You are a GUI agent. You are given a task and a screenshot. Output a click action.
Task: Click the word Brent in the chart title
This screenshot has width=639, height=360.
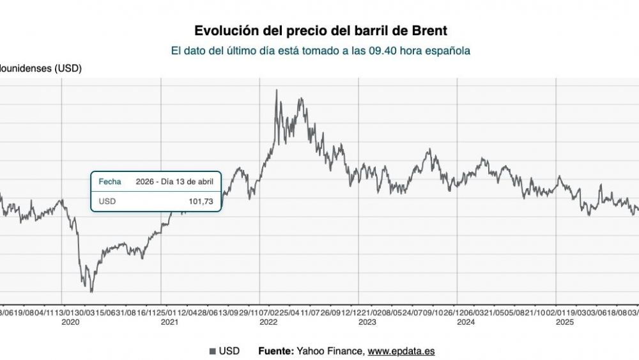pos(428,31)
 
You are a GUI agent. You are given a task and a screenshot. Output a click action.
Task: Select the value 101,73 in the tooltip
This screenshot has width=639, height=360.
pos(199,201)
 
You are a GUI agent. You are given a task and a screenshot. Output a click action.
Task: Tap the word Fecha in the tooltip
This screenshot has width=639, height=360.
pos(109,182)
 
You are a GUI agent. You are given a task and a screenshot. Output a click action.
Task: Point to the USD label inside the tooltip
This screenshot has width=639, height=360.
pos(107,201)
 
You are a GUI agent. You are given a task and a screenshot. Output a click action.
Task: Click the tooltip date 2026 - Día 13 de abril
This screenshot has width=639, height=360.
pos(174,182)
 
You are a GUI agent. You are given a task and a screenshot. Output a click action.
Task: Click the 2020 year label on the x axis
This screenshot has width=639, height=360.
pos(70,323)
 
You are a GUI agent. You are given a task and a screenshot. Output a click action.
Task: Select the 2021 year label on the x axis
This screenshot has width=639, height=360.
pos(169,323)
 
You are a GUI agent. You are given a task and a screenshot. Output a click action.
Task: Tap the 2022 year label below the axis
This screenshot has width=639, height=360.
pos(268,323)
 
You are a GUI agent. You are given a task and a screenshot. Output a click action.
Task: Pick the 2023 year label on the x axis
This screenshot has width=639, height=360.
pos(367,323)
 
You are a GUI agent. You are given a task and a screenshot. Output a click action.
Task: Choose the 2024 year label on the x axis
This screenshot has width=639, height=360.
pos(466,323)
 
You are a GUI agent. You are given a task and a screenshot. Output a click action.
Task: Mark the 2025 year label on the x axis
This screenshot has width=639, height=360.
pos(565,323)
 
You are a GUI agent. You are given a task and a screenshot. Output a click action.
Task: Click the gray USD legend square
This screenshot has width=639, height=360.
pos(213,351)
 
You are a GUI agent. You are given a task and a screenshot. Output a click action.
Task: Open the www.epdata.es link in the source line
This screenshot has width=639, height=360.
pos(402,351)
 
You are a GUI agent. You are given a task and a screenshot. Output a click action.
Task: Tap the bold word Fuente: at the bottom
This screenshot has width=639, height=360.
pos(276,351)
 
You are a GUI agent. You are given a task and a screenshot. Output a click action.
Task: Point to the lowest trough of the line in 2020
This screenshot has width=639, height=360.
pos(91,292)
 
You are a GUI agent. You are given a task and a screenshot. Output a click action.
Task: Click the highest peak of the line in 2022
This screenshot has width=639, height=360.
pos(276,90)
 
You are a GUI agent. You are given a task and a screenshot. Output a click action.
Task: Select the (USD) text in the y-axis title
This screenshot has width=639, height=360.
pos(68,68)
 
